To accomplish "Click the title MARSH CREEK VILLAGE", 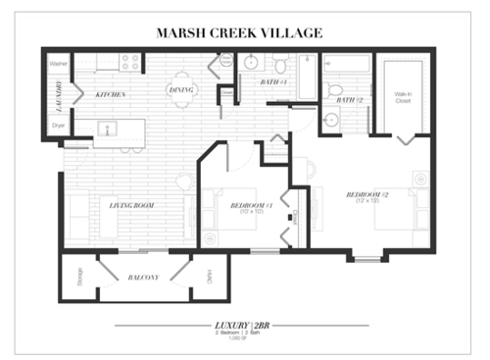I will [239, 32].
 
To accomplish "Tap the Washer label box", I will [58, 65].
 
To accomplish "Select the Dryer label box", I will [58, 127].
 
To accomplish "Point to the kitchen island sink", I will [111, 128].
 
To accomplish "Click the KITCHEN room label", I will [110, 94].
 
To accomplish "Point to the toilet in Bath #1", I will [280, 66].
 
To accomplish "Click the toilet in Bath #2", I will [335, 88].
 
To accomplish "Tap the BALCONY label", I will [144, 278].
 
